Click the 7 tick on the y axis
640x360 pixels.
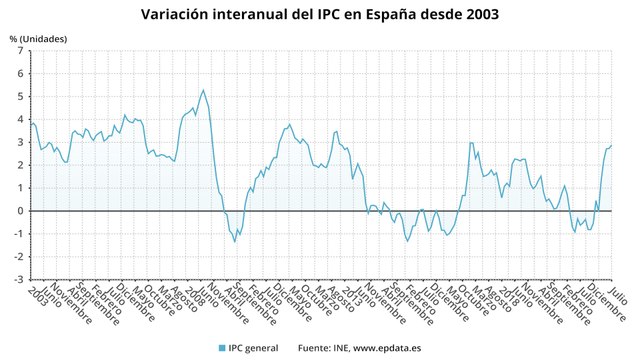point(20,51)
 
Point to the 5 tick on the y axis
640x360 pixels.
point(20,97)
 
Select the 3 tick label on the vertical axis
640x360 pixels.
point(20,143)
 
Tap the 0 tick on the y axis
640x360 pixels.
point(20,211)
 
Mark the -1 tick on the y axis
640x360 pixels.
point(18,234)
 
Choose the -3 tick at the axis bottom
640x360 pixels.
point(18,280)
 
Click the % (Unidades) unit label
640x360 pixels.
point(39,38)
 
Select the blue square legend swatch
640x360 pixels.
point(222,348)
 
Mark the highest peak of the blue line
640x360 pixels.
point(203,90)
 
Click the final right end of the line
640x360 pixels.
point(611,146)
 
